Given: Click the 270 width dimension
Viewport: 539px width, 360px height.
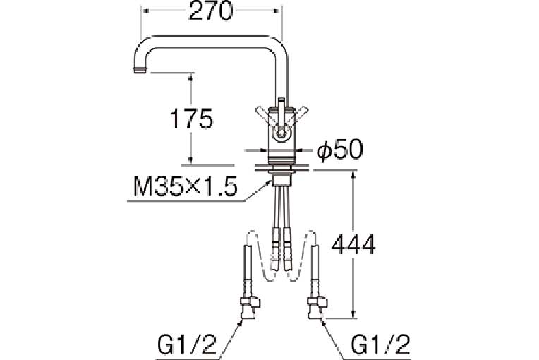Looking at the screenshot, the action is point(211,11).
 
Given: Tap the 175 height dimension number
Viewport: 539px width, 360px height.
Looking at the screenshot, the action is point(192,119).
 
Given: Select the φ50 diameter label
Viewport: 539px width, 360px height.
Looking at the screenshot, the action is point(340,150).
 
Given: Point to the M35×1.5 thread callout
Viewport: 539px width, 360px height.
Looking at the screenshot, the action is point(186,188).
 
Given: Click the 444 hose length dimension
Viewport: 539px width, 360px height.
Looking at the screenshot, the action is point(353,244).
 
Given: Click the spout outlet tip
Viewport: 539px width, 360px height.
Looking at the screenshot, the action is point(140,70).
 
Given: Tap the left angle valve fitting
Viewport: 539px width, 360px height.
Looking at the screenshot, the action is point(250,308).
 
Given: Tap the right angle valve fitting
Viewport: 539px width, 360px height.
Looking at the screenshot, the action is point(317,308).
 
